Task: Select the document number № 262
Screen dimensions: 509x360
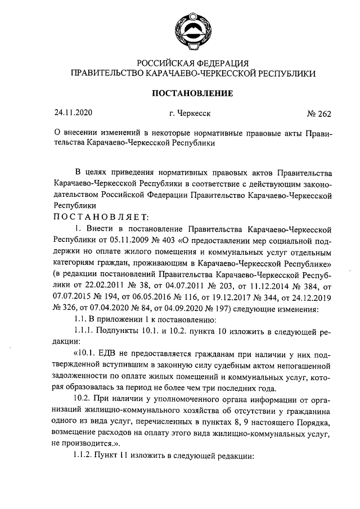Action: point(319,114)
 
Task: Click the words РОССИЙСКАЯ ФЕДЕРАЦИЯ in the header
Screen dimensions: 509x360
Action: point(193,62)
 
